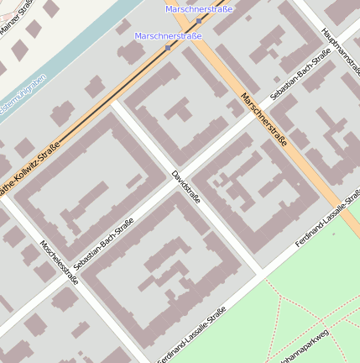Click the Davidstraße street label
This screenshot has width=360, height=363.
tap(185, 187)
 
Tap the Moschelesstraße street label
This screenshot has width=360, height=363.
tap(59, 262)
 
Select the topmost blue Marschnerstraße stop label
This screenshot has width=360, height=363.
tap(199, 8)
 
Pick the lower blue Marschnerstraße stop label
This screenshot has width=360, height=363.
tap(168, 36)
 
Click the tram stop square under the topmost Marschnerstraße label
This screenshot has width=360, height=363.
tap(199, 19)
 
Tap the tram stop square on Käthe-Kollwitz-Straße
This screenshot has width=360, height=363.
tap(168, 47)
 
